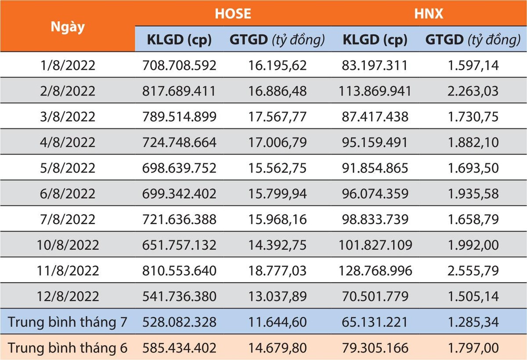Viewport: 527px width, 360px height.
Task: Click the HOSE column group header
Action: tap(233, 13)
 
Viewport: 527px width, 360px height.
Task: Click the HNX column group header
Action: tap(430, 13)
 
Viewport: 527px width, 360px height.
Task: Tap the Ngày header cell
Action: tap(68, 26)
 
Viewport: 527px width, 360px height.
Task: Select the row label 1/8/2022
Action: tap(68, 65)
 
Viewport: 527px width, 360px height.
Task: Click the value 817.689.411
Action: tap(179, 91)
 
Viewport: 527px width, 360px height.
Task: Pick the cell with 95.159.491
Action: tap(375, 142)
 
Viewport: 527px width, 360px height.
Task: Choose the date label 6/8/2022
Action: tap(68, 194)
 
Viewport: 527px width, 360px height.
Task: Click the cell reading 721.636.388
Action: tap(179, 219)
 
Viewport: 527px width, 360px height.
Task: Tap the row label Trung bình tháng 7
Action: tap(68, 322)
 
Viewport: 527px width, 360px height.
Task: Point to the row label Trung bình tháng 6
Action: tap(68, 348)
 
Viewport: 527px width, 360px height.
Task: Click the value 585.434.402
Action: tap(179, 348)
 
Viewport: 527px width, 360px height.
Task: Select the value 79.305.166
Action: tap(375, 348)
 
